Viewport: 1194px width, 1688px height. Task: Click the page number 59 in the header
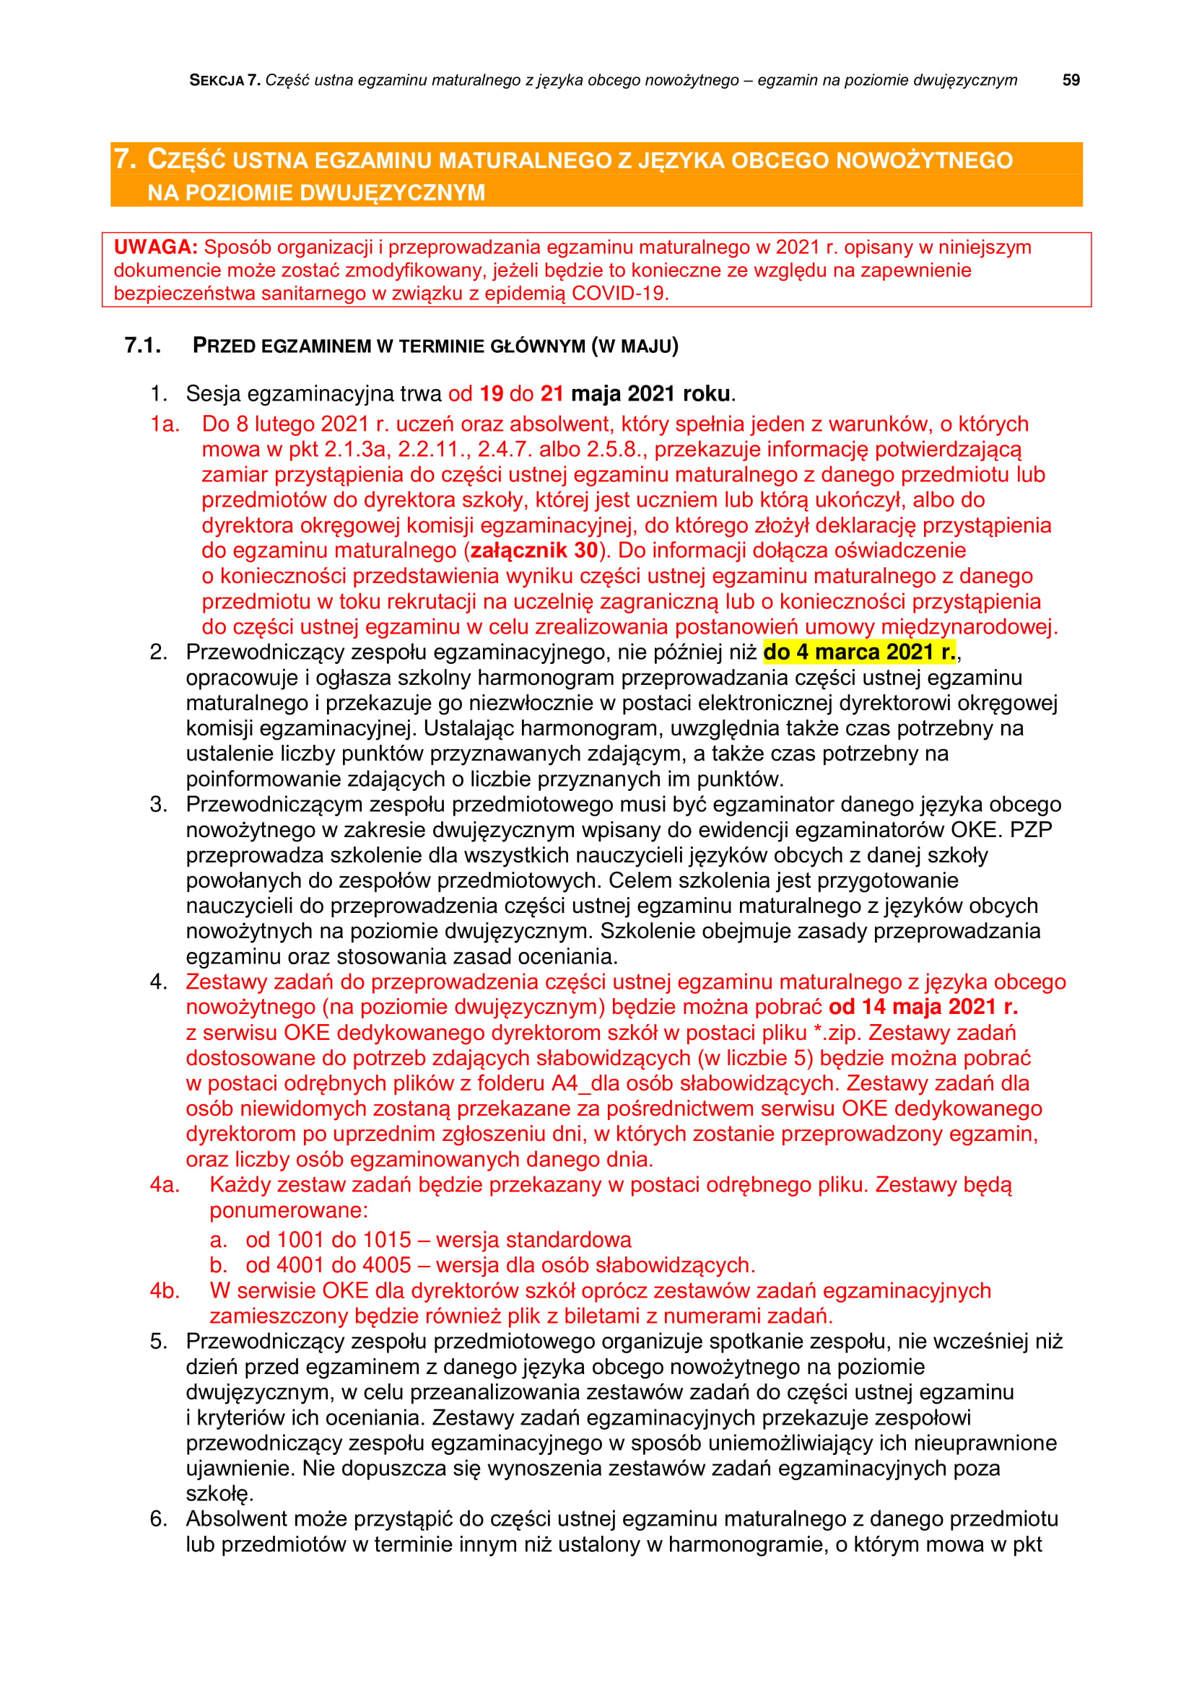pyautogui.click(x=1071, y=80)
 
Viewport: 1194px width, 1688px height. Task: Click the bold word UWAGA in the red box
pyautogui.click(x=155, y=247)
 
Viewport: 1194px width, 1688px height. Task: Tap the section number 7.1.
pyautogui.click(x=143, y=345)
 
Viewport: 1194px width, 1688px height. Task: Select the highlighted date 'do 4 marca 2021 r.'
pyautogui.click(x=859, y=652)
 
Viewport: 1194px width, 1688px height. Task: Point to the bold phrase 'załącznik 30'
pyautogui.click(x=533, y=550)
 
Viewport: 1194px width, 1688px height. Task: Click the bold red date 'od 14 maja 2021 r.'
pyautogui.click(x=923, y=1007)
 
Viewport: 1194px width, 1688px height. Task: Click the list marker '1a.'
pyautogui.click(x=165, y=424)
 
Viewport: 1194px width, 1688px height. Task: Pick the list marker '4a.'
pyautogui.click(x=165, y=1184)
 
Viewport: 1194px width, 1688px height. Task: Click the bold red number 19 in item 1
pyautogui.click(x=491, y=393)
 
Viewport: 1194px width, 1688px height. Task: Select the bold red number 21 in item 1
pyautogui.click(x=552, y=393)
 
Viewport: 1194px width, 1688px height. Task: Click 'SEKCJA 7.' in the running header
pyautogui.click(x=225, y=80)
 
